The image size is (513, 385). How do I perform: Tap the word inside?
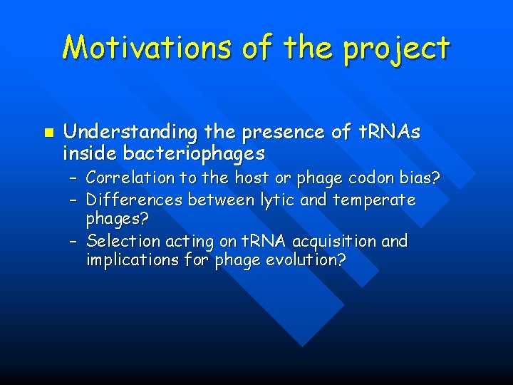pos(90,153)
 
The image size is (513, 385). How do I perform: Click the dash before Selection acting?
pos(73,241)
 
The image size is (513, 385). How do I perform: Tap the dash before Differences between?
pos(73,200)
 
